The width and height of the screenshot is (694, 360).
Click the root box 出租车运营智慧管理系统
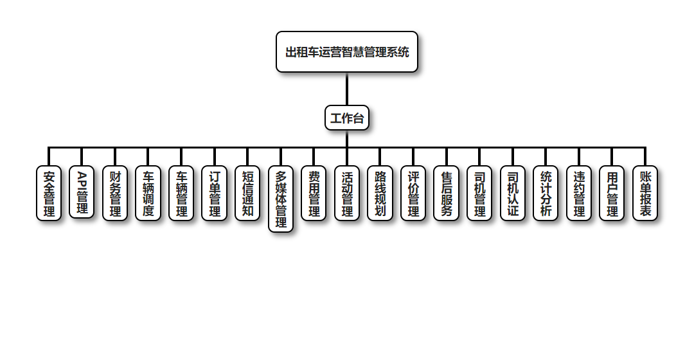[x=347, y=52]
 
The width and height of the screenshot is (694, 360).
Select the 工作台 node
[x=347, y=118]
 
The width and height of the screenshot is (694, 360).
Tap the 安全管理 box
[x=49, y=194]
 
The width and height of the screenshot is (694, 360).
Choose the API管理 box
[x=82, y=192]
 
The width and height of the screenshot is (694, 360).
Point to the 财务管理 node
[x=115, y=194]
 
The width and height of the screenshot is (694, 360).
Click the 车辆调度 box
[x=148, y=194]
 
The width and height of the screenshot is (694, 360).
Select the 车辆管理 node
[x=181, y=194]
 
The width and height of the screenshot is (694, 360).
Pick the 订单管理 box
[x=215, y=194]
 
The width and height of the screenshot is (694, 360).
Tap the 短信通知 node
[x=247, y=194]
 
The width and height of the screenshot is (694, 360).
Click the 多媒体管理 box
[x=281, y=199]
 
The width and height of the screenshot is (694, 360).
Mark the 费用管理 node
[x=314, y=194]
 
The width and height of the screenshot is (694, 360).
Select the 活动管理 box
[x=347, y=194]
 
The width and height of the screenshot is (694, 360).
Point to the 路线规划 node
[x=380, y=194]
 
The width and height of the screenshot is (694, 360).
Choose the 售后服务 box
[x=447, y=194]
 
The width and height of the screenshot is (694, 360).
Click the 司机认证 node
[x=513, y=194]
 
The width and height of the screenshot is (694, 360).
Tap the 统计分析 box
[x=546, y=194]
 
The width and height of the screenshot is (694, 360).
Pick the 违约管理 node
[x=579, y=194]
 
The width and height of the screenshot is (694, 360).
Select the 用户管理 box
[x=612, y=194]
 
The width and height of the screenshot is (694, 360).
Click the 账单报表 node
[x=645, y=194]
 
